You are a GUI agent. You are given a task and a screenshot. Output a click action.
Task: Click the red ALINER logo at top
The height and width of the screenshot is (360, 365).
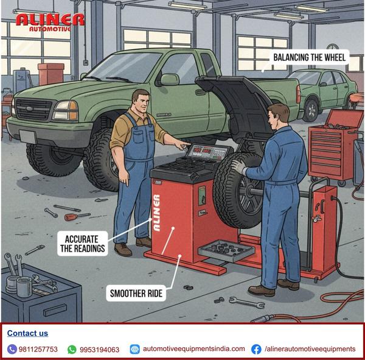point(50,22)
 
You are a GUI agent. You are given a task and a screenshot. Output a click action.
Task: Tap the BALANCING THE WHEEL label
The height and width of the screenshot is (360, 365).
point(309,57)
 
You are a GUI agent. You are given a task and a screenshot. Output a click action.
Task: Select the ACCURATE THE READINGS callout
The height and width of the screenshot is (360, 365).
point(83,244)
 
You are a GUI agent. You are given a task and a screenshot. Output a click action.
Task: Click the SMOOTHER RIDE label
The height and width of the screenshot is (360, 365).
point(136,294)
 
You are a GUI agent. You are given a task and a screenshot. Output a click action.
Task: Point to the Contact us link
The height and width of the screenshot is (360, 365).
point(27,333)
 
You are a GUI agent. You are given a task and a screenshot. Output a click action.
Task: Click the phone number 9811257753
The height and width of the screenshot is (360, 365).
point(38,349)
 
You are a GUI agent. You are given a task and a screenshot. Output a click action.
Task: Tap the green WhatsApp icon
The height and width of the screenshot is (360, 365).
point(72,350)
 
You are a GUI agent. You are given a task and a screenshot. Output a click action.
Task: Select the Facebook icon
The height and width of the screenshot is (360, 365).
point(256,349)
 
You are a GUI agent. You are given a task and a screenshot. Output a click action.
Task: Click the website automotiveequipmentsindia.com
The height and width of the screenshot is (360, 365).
point(194,349)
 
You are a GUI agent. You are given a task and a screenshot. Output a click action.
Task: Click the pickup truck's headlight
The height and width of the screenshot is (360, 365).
point(66,110)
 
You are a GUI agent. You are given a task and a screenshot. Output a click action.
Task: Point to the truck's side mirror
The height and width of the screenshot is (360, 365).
point(169,79)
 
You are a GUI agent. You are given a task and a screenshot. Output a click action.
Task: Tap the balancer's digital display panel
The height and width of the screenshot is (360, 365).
point(207,152)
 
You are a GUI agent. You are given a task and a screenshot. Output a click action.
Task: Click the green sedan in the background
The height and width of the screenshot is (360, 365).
point(322,93)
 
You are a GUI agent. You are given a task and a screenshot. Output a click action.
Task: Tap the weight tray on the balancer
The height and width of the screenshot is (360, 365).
point(226,250)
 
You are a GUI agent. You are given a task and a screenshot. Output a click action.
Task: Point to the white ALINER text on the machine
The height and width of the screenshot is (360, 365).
point(157,213)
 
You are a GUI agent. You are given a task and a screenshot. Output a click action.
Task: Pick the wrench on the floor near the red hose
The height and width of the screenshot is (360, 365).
point(247,302)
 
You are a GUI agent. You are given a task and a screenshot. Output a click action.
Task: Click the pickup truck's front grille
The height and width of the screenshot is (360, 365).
point(33,110)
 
